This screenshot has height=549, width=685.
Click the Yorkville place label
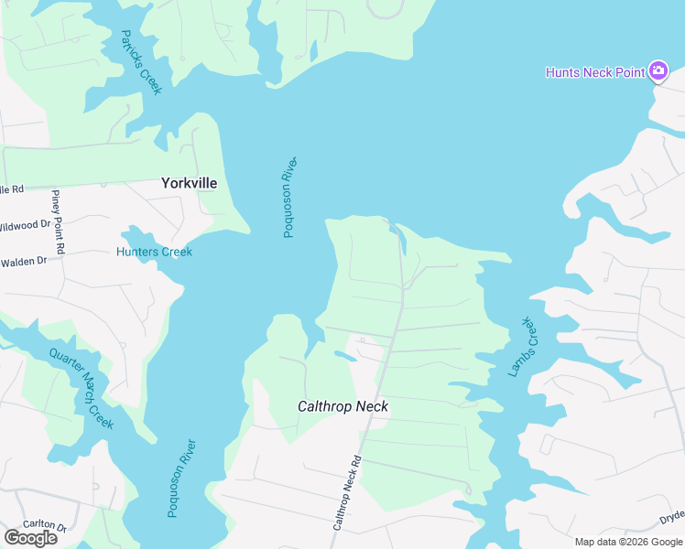click(x=189, y=183)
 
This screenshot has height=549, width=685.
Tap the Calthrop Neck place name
click(x=343, y=406)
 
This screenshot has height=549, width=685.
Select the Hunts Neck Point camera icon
click(x=658, y=71)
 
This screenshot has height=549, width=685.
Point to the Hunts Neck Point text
click(x=595, y=72)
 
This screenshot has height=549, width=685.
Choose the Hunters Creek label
click(x=154, y=252)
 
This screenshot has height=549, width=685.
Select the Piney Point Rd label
click(x=58, y=222)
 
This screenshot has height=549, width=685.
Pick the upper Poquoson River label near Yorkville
click(x=289, y=197)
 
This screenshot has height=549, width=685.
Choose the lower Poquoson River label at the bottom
click(x=182, y=479)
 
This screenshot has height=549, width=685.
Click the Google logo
click(x=30, y=538)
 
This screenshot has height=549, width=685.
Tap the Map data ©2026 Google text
click(x=629, y=542)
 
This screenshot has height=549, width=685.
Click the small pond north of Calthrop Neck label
click(x=343, y=355)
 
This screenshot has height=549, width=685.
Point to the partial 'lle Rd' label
click(x=11, y=189)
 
